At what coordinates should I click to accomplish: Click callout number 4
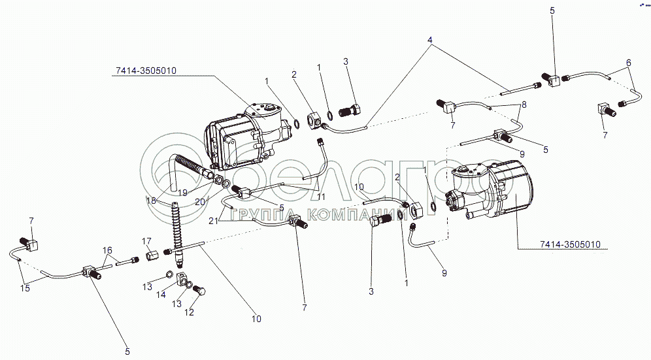tap(430, 41)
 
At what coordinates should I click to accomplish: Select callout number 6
tap(629, 63)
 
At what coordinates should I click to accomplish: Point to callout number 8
tap(524, 105)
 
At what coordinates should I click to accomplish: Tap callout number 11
tap(321, 197)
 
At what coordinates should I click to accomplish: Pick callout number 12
tap(189, 312)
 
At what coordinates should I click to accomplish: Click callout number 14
tap(161, 295)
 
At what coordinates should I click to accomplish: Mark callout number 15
tap(25, 287)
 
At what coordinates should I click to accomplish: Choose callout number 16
tap(108, 250)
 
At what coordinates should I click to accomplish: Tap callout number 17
tap(146, 241)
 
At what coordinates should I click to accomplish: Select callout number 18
tap(151, 201)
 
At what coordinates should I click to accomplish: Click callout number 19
tap(183, 193)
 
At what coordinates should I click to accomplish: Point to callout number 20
tap(200, 202)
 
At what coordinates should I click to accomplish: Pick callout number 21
tap(213, 221)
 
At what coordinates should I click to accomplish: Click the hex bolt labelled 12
tap(201, 291)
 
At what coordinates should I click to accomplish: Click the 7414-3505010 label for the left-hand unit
tap(146, 71)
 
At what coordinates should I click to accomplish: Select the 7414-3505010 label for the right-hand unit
tap(570, 244)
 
